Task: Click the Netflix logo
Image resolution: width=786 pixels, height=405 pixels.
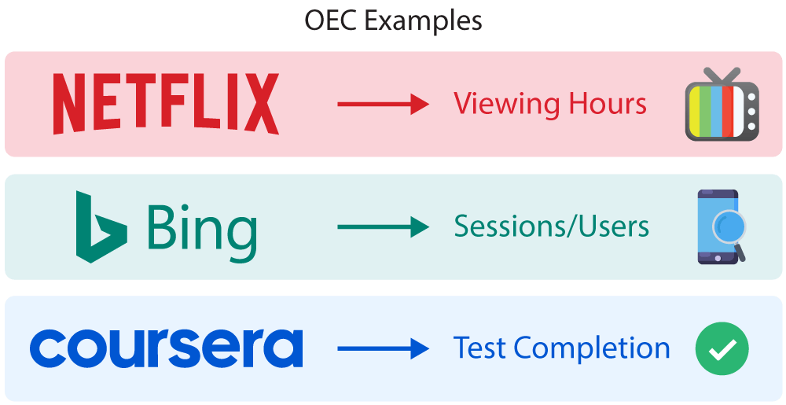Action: (166, 104)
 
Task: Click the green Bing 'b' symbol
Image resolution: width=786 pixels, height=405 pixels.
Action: (100, 226)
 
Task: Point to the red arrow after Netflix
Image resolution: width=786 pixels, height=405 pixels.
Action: (383, 105)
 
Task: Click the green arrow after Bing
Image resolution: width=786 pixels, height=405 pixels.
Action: (383, 227)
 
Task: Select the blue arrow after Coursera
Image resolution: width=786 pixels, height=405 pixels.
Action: (383, 349)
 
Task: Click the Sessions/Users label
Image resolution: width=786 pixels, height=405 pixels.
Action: (551, 226)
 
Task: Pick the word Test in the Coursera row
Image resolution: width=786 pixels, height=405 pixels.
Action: (479, 348)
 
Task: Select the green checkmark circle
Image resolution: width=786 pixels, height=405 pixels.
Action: (722, 348)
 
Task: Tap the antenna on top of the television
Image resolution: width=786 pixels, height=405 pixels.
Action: (722, 75)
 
